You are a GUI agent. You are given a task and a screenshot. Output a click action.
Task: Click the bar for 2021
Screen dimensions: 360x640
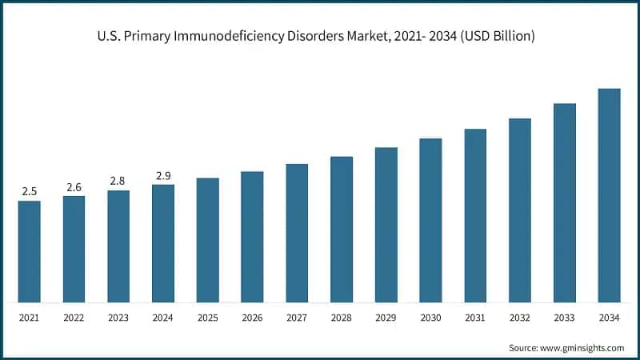click(x=30, y=252)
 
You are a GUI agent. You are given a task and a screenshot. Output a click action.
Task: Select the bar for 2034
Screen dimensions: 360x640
click(x=609, y=196)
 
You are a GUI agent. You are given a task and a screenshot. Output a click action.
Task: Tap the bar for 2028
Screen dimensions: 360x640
click(x=342, y=230)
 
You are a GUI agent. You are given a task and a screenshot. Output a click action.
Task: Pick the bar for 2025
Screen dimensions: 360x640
click(x=208, y=240)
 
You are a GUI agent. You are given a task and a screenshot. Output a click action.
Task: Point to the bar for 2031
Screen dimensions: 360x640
click(x=475, y=216)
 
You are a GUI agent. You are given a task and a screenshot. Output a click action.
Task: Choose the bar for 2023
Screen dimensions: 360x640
click(x=118, y=246)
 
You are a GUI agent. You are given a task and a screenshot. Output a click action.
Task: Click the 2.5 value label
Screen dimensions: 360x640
click(x=30, y=192)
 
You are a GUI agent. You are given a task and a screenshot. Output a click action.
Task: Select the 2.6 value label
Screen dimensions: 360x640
click(x=74, y=187)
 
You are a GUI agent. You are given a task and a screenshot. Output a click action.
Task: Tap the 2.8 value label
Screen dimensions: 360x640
click(x=118, y=182)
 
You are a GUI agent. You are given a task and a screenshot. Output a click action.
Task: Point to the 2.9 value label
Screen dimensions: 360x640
click(x=163, y=176)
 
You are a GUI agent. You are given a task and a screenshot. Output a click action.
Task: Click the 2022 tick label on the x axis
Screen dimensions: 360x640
click(x=74, y=318)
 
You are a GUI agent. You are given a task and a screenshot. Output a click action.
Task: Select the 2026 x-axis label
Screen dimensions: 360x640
click(x=253, y=318)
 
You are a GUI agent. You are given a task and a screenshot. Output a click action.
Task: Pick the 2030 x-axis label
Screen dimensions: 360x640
click(x=431, y=318)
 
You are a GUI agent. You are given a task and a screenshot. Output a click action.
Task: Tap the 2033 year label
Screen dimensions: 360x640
click(x=565, y=318)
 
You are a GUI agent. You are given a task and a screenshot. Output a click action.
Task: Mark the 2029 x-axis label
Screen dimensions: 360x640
click(x=386, y=318)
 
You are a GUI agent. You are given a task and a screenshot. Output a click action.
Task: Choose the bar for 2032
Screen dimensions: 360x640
click(x=520, y=210)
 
